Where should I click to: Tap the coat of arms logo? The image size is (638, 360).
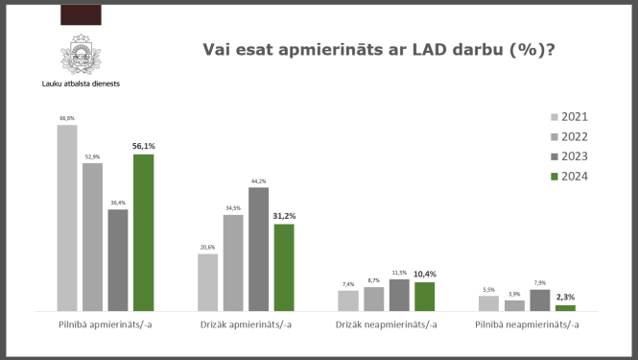point(81,53)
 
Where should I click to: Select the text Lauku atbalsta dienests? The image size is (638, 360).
point(81,83)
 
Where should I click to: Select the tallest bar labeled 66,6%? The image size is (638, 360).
point(67,218)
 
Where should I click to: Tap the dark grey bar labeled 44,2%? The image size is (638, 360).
point(258,249)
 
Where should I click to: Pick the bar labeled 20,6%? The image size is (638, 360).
point(207,282)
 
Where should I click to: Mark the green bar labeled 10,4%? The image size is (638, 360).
point(424,297)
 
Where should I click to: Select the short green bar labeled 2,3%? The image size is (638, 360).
point(565,308)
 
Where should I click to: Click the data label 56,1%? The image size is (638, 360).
point(144,147)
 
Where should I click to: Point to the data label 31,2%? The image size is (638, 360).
point(284,217)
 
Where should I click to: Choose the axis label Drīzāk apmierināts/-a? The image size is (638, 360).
point(246,325)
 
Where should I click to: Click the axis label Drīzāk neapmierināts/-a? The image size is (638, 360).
point(387,325)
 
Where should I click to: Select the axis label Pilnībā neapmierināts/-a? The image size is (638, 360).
point(527,325)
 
